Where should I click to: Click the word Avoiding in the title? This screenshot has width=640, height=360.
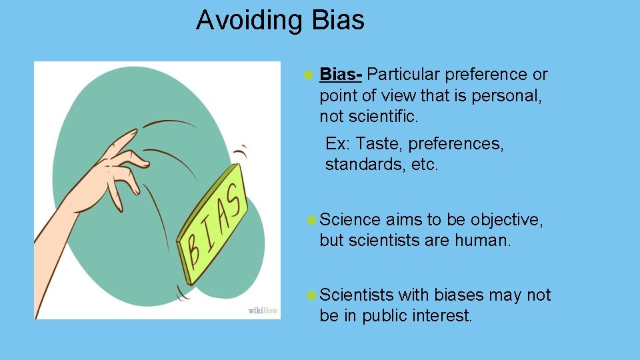[x=249, y=21]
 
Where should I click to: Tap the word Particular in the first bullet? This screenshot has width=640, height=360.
[x=403, y=75]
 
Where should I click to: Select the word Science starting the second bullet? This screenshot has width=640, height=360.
[x=350, y=220]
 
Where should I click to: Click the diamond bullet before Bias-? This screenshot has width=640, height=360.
[x=308, y=75]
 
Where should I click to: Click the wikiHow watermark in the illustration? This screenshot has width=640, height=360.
[x=263, y=311]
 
